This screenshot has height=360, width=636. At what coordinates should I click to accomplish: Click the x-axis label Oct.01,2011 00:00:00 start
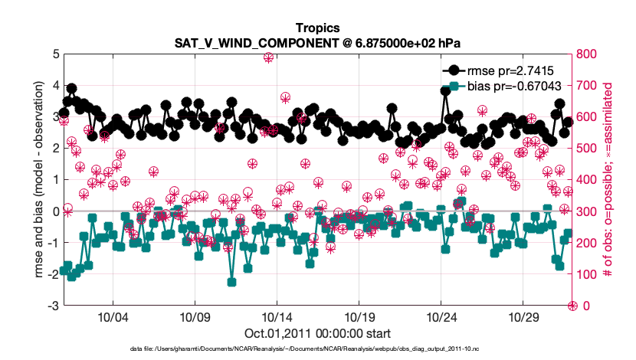(x=317, y=333)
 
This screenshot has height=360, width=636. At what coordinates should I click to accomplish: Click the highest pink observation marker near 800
(x=268, y=57)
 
